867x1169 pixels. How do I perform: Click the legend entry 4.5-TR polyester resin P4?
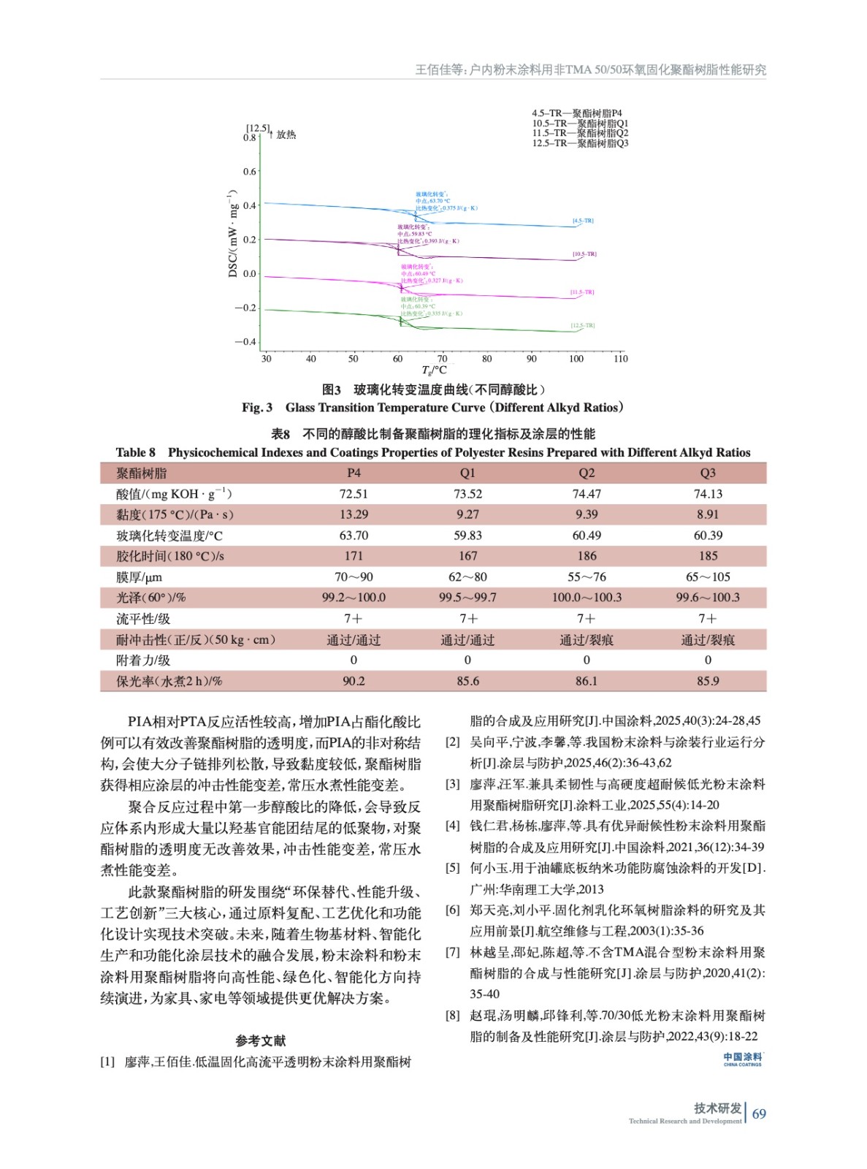click(576, 113)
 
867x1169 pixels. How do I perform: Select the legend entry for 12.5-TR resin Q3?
click(580, 143)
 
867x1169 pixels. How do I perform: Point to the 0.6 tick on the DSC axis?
click(250, 172)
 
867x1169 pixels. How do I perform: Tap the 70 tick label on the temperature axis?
click(442, 359)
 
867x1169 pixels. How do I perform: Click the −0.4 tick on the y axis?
click(246, 342)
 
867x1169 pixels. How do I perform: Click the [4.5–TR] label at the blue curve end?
click(583, 221)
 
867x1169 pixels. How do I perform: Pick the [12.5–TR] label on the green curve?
click(583, 326)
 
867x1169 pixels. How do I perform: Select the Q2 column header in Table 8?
click(587, 473)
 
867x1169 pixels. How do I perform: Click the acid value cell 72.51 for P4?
click(354, 494)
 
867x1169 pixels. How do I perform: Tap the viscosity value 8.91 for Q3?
click(707, 514)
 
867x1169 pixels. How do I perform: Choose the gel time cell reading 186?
click(587, 556)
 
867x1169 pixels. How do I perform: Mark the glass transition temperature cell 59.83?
click(467, 536)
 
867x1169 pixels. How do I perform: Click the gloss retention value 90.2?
click(354, 681)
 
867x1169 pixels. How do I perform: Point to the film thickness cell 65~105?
click(707, 577)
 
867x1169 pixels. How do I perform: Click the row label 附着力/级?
click(143, 660)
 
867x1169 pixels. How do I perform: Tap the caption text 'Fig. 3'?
click(257, 408)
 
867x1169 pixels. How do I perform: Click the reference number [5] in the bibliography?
click(453, 868)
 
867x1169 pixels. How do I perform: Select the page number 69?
click(759, 1114)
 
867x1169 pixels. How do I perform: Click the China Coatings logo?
click(742, 1059)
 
